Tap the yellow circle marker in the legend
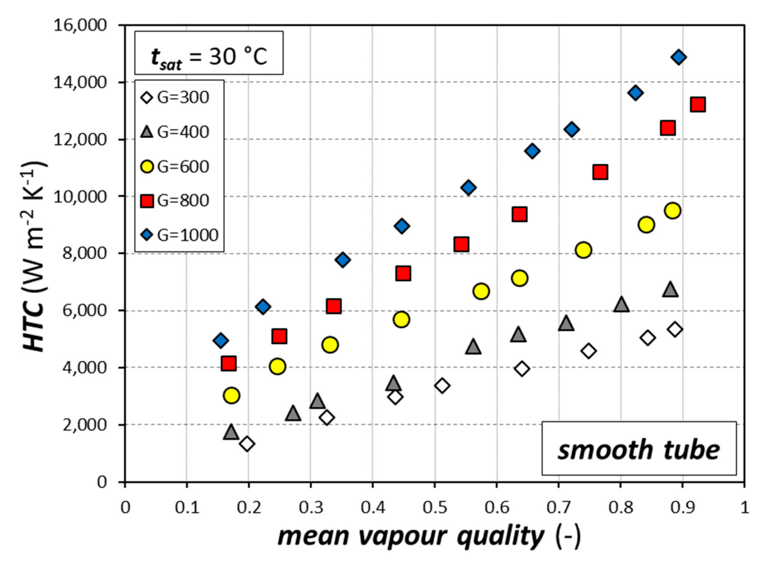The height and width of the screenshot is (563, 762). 147,167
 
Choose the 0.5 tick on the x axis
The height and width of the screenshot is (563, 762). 434,508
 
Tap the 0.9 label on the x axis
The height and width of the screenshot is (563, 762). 682,508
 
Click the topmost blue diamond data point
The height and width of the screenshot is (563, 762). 679,57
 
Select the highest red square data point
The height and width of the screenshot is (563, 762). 697,104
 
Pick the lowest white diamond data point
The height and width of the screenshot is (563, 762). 247,444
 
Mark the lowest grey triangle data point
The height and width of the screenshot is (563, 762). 231,432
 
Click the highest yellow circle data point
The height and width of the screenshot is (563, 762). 672,211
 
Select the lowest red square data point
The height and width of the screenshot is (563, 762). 228,364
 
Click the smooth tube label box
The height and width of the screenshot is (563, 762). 638,448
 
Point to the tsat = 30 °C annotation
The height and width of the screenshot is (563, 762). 209,57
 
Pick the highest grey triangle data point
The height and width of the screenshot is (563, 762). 670,289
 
